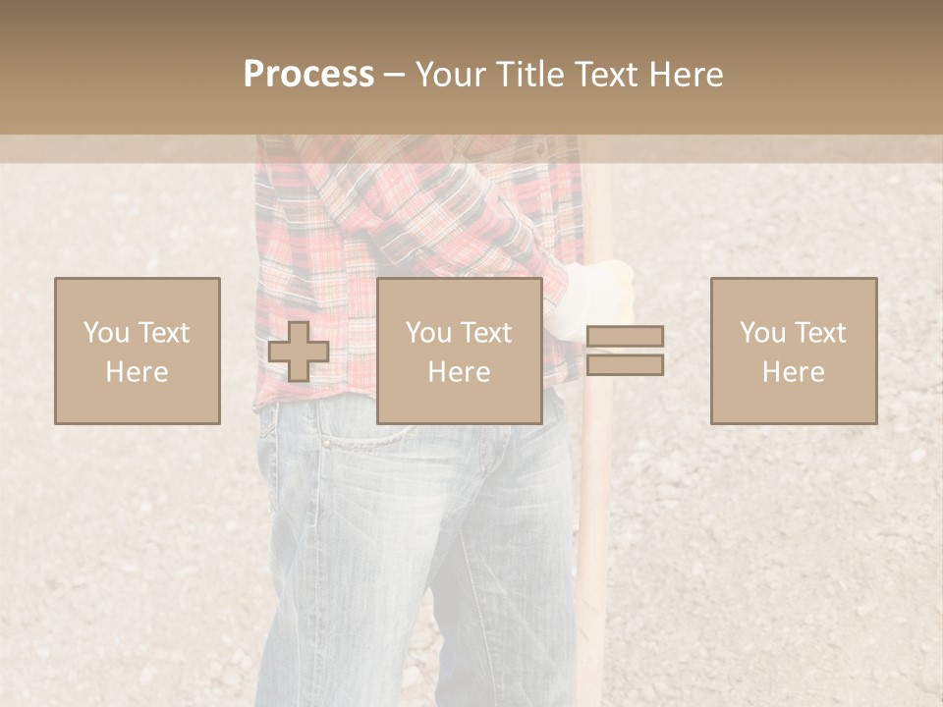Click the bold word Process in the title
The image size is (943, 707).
[x=308, y=75]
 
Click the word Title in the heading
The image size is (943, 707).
[x=528, y=75]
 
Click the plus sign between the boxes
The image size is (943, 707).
[x=299, y=352]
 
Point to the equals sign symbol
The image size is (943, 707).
[x=625, y=351]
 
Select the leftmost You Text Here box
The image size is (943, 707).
[x=137, y=351]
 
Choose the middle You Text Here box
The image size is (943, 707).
[x=459, y=351]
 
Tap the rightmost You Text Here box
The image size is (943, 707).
[x=793, y=351]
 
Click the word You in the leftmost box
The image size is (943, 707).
[x=105, y=333]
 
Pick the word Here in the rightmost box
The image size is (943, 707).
[x=793, y=372]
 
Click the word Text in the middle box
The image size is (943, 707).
[x=484, y=333]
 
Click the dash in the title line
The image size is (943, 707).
[x=394, y=75]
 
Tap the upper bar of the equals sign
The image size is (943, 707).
[x=625, y=336]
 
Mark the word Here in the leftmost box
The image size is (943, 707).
[x=137, y=372]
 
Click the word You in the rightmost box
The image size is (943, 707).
[x=761, y=333]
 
